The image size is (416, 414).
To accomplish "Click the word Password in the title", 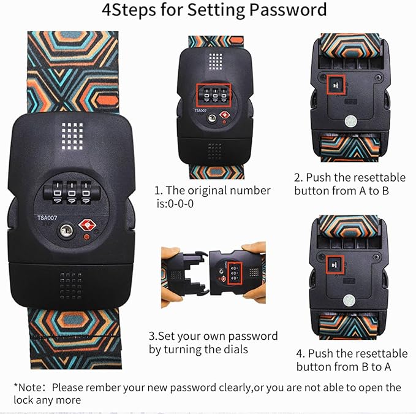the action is pyautogui.click(x=288, y=10).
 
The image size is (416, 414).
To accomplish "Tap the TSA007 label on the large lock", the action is pyautogui.click(x=47, y=218).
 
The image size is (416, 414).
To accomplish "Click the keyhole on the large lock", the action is pyautogui.click(x=66, y=231).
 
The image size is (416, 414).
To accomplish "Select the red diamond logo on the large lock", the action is pyautogui.click(x=87, y=225).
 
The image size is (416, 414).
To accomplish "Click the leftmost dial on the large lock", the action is pyautogui.click(x=58, y=192).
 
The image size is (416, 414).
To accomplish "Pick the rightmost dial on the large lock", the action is pyautogui.click(x=86, y=192).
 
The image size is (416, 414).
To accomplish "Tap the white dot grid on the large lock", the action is pyautogui.click(x=72, y=136).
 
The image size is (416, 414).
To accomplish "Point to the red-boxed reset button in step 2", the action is pyautogui.click(x=336, y=85).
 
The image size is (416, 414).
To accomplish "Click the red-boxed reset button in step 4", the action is pyautogui.click(x=335, y=265).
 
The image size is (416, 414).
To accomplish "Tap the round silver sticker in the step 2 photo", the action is pyautogui.click(x=350, y=121).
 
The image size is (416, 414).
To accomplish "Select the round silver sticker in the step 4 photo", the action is pyautogui.click(x=349, y=301).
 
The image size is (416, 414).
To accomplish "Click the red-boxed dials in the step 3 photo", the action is pyautogui.click(x=235, y=273).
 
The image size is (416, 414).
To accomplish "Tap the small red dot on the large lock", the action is pyautogui.click(x=86, y=237).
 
